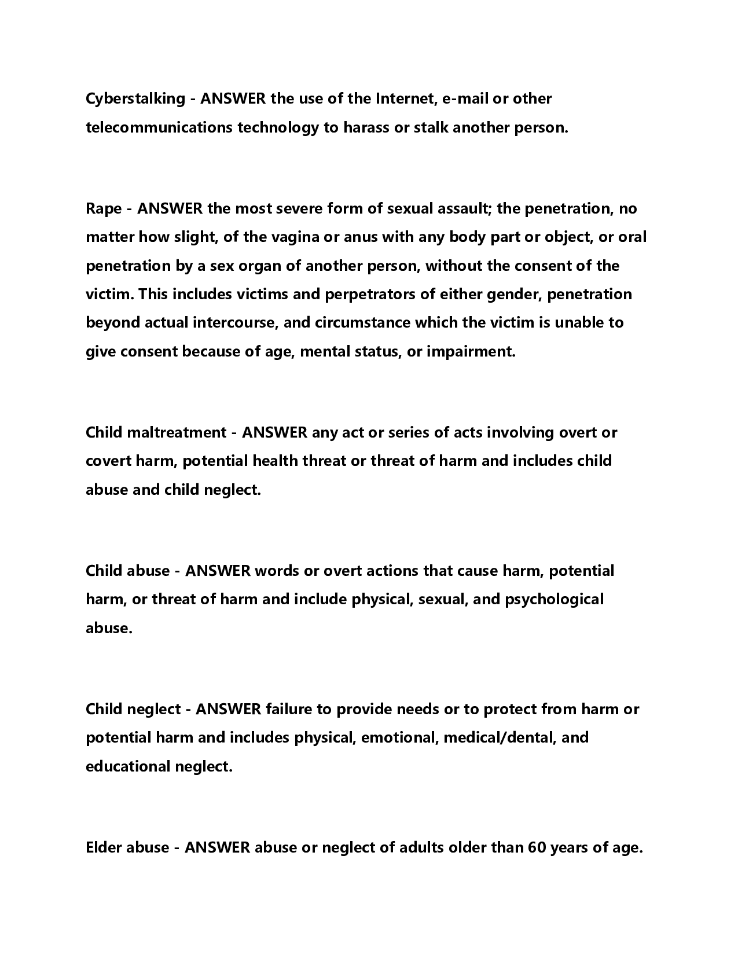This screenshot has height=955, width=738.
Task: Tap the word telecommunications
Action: pos(160,127)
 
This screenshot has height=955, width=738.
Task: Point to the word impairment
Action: pos(471,351)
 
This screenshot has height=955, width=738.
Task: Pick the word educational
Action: pos(128,766)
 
